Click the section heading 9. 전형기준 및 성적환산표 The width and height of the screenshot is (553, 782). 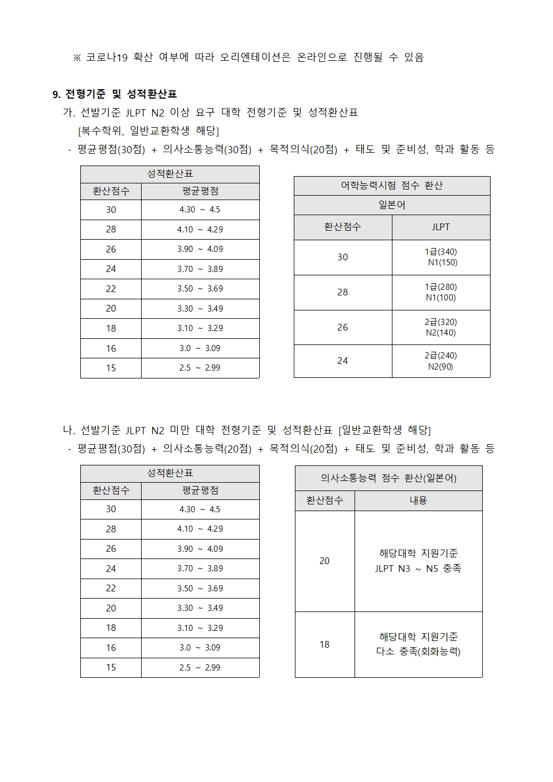coord(114,94)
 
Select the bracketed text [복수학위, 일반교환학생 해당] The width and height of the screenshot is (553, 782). coord(148,131)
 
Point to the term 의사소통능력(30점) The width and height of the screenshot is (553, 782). coord(207,149)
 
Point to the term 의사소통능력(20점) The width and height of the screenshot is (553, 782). coord(207,449)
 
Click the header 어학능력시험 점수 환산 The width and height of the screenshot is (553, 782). coord(391,186)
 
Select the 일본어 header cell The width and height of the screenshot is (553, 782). coord(391,205)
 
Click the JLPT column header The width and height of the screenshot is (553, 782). coord(440,227)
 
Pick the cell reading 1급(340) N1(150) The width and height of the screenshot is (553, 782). coord(440,257)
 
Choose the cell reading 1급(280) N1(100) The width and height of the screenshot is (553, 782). coord(440,292)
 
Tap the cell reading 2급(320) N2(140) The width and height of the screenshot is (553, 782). coord(440,327)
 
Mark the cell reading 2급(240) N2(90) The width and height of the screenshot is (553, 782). coord(440,361)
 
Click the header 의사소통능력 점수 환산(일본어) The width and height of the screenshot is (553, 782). coord(389,478)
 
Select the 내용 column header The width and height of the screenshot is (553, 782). coord(418,501)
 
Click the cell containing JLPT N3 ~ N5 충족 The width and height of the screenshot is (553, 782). coord(418,561)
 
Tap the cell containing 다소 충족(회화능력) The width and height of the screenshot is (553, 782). coord(418,644)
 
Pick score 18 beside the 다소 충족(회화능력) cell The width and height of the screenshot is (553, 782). coord(324,644)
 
